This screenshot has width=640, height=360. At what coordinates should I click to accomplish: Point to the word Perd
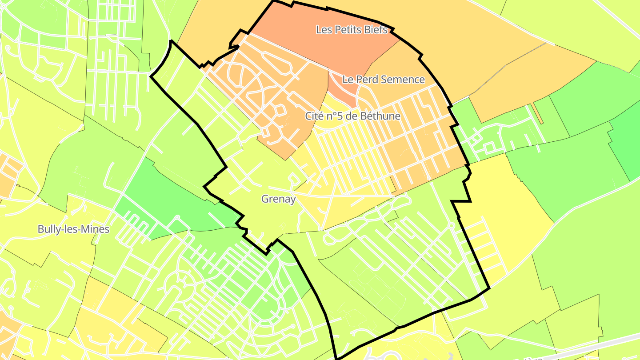(x=365, y=80)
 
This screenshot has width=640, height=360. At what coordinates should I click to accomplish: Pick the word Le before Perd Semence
(x=348, y=80)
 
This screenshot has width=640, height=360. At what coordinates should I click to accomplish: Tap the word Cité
(x=314, y=116)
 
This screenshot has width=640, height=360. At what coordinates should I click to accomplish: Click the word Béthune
(x=383, y=116)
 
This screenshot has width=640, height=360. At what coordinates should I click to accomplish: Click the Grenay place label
(x=278, y=199)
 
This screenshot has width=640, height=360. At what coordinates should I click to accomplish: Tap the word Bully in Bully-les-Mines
(x=48, y=230)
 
